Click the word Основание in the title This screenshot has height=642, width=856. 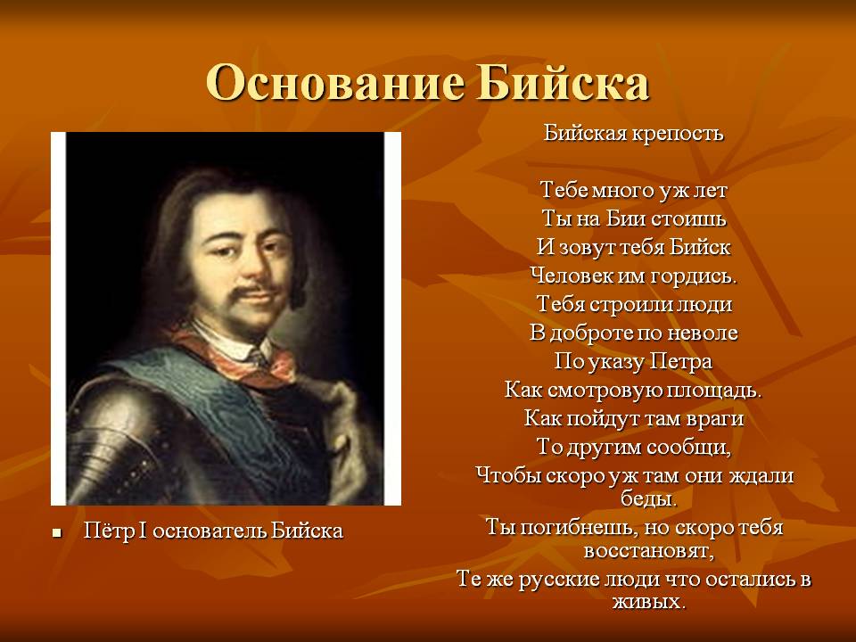click(336, 83)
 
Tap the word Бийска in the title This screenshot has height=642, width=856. click(563, 83)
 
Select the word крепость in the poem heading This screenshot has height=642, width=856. click(678, 134)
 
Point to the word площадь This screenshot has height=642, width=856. click(713, 391)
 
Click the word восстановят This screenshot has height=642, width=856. click(649, 550)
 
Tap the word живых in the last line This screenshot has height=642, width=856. click(649, 602)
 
